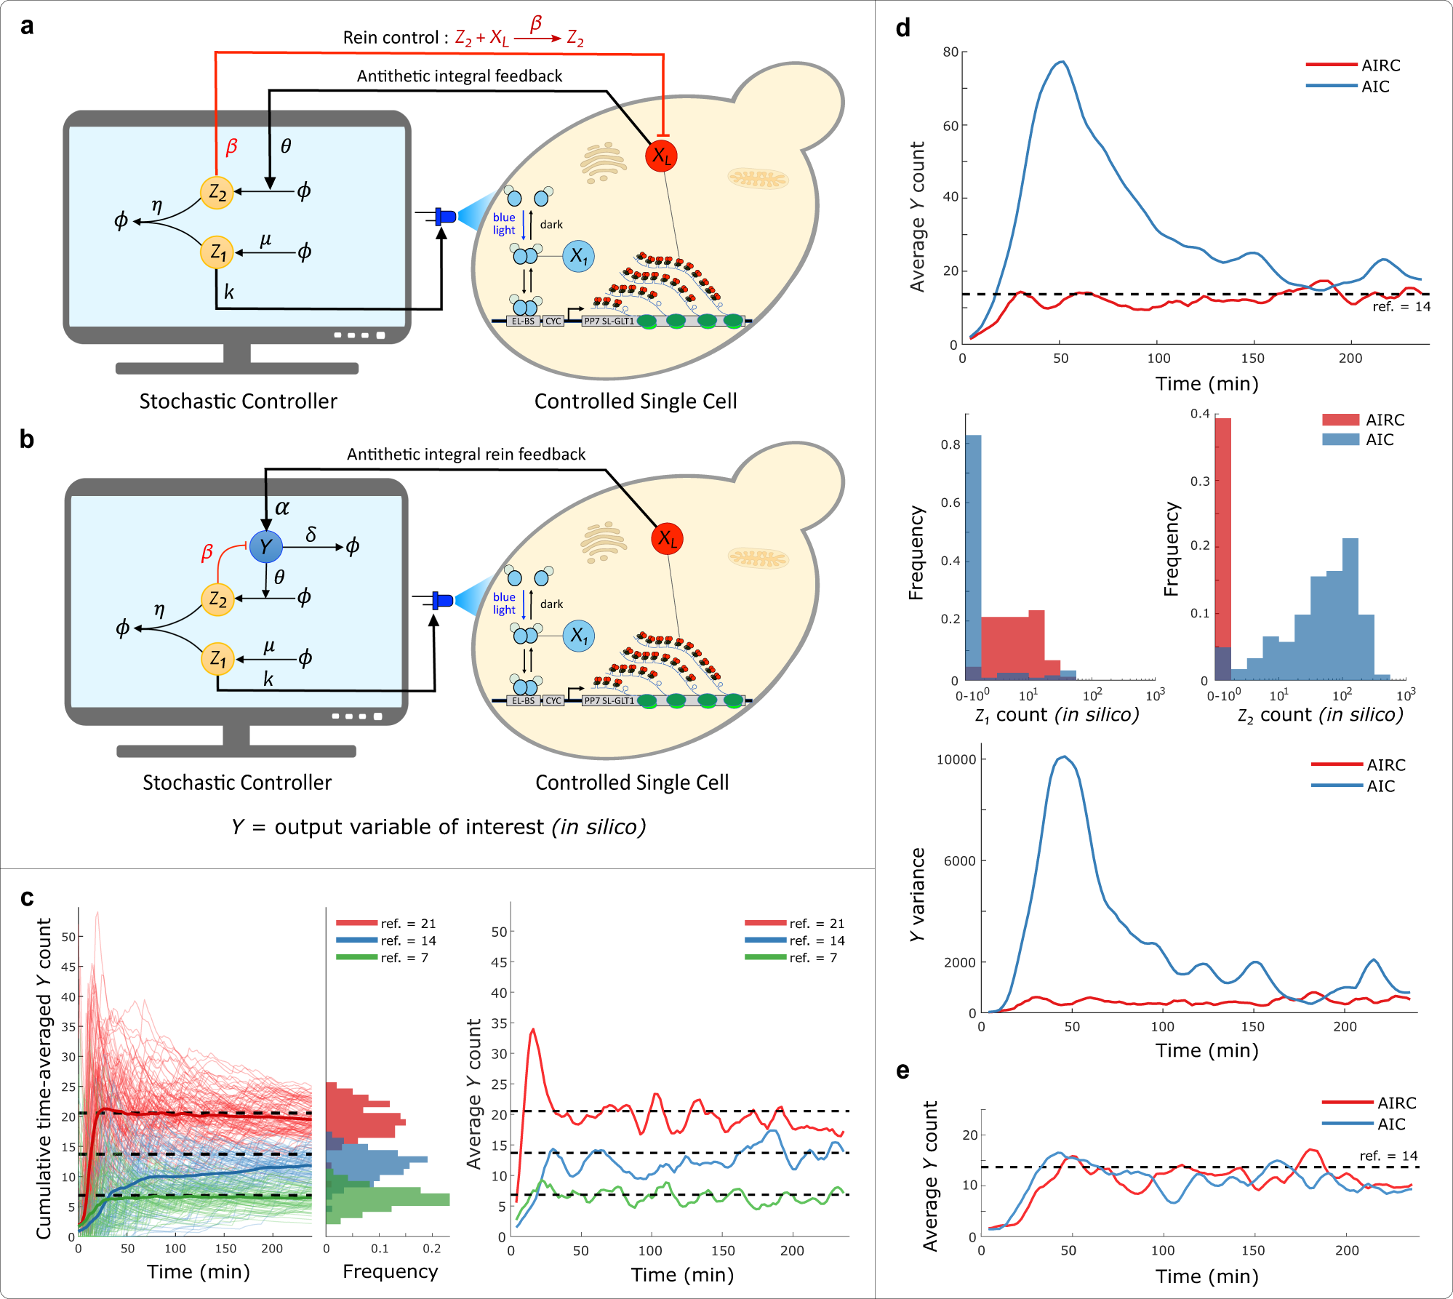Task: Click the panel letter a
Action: [x=27, y=26]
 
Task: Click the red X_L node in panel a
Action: [x=661, y=156]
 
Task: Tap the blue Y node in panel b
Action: [x=265, y=546]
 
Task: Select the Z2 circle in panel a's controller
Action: [x=217, y=193]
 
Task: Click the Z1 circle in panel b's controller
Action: [x=217, y=659]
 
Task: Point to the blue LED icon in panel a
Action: [x=444, y=216]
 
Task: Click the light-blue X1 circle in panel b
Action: [x=579, y=636]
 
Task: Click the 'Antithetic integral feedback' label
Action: [x=460, y=76]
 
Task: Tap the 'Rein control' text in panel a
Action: [x=391, y=38]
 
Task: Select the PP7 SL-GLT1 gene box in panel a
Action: [x=609, y=321]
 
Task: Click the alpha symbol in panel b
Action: [x=282, y=508]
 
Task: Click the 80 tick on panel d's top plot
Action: [x=950, y=52]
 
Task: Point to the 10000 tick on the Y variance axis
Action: [x=956, y=759]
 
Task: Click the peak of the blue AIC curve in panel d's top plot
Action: [x=1062, y=62]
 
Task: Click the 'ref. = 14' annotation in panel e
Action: [x=1388, y=1156]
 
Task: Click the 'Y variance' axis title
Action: [x=918, y=895]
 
